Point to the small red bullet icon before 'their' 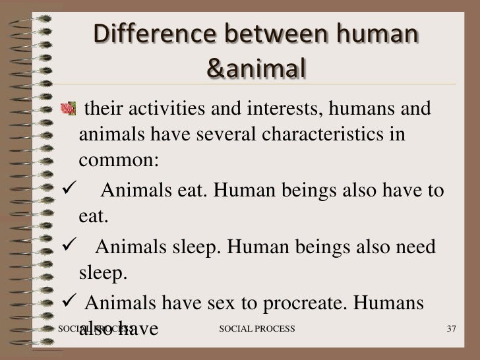click(66, 106)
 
